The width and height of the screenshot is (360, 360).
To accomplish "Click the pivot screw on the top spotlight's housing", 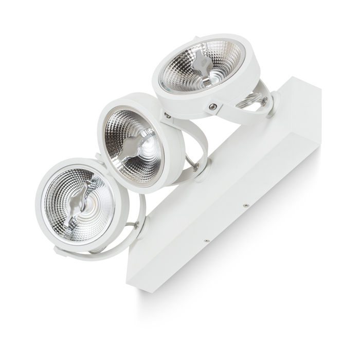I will [212, 106].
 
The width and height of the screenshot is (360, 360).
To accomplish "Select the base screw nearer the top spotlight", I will [246, 205].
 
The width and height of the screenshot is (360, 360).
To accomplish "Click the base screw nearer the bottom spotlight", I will [206, 240].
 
